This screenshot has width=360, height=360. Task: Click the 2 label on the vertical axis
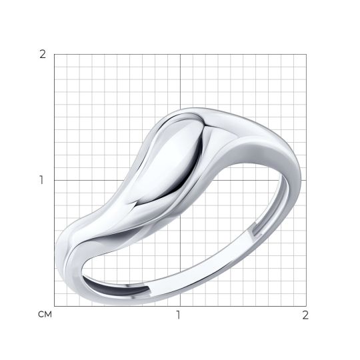point(43,55)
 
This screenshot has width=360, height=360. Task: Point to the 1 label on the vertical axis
point(41,180)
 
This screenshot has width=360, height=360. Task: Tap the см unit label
point(45,315)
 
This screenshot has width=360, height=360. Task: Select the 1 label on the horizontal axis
point(179,315)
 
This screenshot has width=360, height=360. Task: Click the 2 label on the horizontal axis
point(305,315)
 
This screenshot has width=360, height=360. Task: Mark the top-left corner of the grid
point(55,55)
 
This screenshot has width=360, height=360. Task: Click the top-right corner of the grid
point(306,55)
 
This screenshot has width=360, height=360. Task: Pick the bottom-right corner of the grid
point(306,306)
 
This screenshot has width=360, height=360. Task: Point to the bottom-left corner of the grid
point(55,306)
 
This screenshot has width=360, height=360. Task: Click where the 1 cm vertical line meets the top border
point(180,55)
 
